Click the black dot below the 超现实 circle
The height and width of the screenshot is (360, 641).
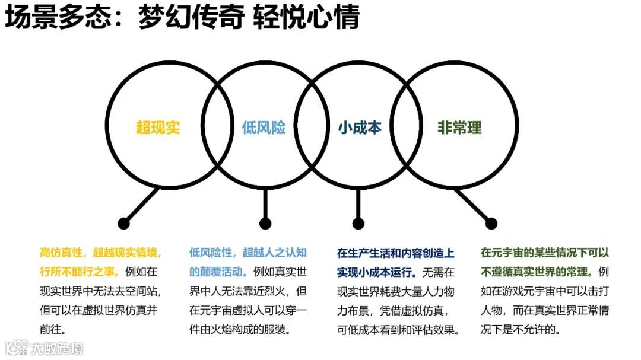[123, 224]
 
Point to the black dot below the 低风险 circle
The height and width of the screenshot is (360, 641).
[265, 224]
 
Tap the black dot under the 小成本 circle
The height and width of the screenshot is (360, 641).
[358, 224]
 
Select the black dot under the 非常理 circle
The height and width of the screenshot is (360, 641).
[491, 224]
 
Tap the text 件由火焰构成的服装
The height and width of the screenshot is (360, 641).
[240, 329]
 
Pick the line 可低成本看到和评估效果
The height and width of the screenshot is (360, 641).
[398, 329]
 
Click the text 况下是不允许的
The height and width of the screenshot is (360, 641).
[521, 329]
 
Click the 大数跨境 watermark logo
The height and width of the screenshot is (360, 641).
[45, 348]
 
